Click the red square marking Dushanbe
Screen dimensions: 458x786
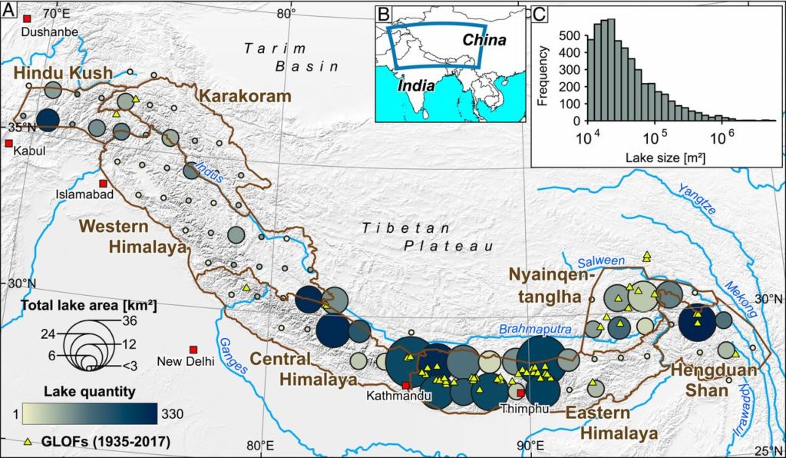coord(28,18)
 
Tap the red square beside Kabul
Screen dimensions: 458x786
coord(8,144)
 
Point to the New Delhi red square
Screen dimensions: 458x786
coord(193,350)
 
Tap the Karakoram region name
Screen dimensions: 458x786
coord(246,97)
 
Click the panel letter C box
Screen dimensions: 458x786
coord(540,12)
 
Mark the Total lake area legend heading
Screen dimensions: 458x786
coord(89,305)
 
